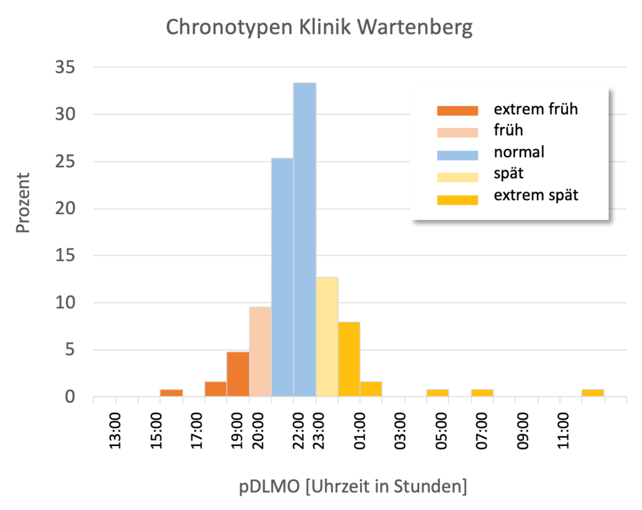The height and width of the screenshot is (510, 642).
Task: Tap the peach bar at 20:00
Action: point(260,351)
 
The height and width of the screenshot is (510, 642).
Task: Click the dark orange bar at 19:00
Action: point(238,374)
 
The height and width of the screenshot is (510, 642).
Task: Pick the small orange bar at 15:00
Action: point(171,393)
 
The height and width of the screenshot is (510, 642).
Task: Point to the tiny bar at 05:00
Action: point(438,393)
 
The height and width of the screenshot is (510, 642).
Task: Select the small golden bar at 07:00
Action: point(482,393)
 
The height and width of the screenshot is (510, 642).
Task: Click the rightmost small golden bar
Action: point(592,393)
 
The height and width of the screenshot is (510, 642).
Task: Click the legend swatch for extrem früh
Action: point(457,110)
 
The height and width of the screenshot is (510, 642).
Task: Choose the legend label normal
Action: point(519,152)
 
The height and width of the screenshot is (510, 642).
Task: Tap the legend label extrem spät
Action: point(536,195)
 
